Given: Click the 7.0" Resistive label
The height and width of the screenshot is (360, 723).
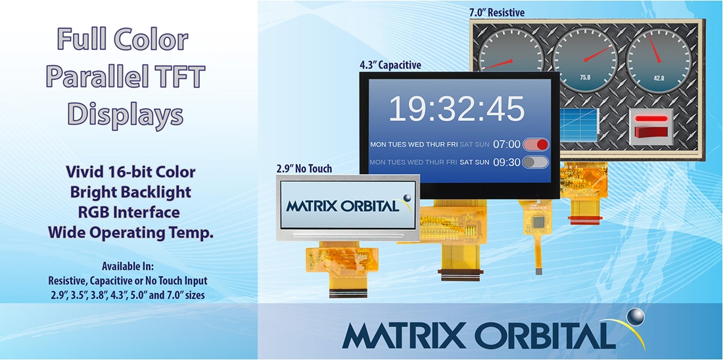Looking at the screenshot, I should (x=497, y=12).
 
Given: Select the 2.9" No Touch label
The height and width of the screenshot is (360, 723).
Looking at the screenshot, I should (x=304, y=168).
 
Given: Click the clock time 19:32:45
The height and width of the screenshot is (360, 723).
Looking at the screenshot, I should (x=456, y=108).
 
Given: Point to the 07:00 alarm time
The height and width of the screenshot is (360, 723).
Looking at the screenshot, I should (x=507, y=145).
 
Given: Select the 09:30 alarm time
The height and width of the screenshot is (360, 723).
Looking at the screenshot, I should (x=507, y=162).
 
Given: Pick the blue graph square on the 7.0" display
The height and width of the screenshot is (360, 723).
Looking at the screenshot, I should (x=579, y=125).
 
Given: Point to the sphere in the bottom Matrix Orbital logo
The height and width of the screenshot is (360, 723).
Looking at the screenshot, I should (x=634, y=318).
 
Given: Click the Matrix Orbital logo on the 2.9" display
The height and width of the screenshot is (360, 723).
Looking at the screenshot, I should (x=348, y=205).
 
